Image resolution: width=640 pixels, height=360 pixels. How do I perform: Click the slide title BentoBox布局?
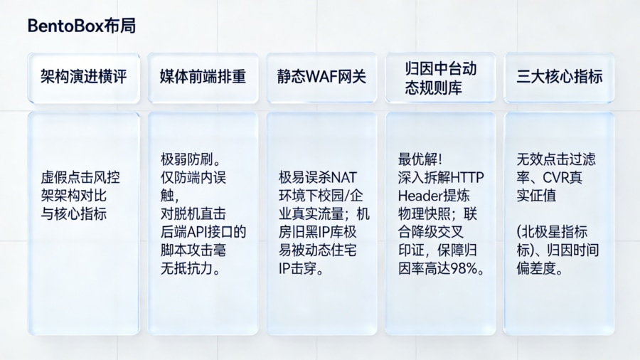coord(81,26)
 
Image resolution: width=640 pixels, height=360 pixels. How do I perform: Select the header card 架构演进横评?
coord(83,77)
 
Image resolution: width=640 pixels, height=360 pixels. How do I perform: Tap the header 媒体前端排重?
coord(203,77)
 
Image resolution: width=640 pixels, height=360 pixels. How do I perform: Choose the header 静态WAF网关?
coord(321,77)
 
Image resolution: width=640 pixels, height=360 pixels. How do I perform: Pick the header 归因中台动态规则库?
coord(440,78)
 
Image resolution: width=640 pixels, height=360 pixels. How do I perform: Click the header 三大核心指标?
coord(559,77)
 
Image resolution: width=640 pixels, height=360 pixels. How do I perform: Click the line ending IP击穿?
coord(302,270)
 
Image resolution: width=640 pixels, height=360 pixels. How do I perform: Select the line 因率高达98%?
coord(441,269)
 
